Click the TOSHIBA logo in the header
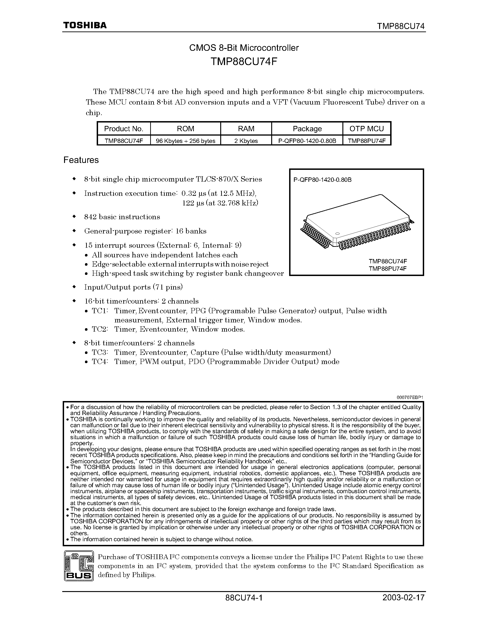click(x=85, y=26)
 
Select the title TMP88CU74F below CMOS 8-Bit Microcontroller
click(x=244, y=62)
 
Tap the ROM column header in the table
click(x=185, y=128)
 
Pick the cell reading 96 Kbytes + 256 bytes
click(x=185, y=141)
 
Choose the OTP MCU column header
click(x=367, y=128)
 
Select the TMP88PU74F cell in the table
click(x=367, y=141)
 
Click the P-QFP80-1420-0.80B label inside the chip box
click(x=322, y=180)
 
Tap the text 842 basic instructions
click(x=122, y=217)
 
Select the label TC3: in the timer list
click(x=100, y=353)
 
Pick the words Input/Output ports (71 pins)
click(x=133, y=287)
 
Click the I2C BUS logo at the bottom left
click(x=79, y=566)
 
